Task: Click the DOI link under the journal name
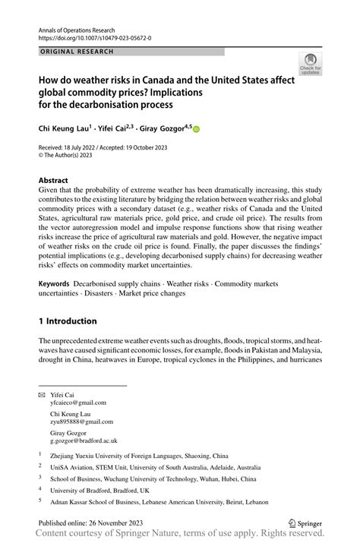pyautogui.click(x=94, y=36)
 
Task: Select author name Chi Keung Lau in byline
pyautogui.click(x=64, y=129)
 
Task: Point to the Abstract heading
pyautogui.click(x=57, y=181)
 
